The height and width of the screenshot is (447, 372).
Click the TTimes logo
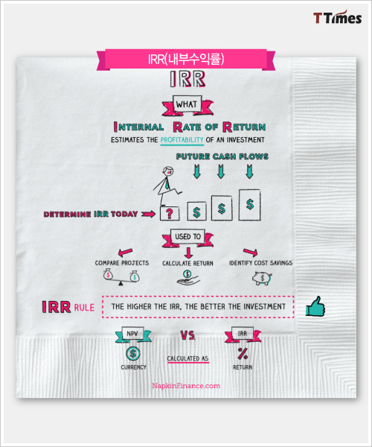click(338, 18)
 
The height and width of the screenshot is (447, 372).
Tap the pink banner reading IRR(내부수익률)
click(186, 60)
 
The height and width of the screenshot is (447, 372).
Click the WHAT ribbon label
click(187, 105)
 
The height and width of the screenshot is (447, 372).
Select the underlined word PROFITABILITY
click(182, 140)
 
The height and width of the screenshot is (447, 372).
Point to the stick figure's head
click(168, 171)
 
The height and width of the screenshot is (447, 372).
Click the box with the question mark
click(170, 213)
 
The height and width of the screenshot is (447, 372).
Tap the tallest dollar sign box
click(250, 205)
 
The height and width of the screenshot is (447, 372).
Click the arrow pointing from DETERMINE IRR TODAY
click(148, 214)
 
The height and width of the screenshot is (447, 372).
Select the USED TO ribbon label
click(187, 237)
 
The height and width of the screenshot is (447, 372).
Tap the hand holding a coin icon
click(187, 278)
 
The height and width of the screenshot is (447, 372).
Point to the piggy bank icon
click(262, 278)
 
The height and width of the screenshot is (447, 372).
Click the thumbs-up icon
click(315, 306)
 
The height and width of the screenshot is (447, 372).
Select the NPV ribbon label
click(133, 334)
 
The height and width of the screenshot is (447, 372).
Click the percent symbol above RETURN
click(243, 354)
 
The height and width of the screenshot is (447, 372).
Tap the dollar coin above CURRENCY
click(132, 354)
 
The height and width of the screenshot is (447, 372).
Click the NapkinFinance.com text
click(186, 386)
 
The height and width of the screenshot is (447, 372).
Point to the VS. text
click(187, 335)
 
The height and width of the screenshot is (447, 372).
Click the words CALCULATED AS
click(187, 358)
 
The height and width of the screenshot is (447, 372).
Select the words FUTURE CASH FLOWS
click(222, 156)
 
